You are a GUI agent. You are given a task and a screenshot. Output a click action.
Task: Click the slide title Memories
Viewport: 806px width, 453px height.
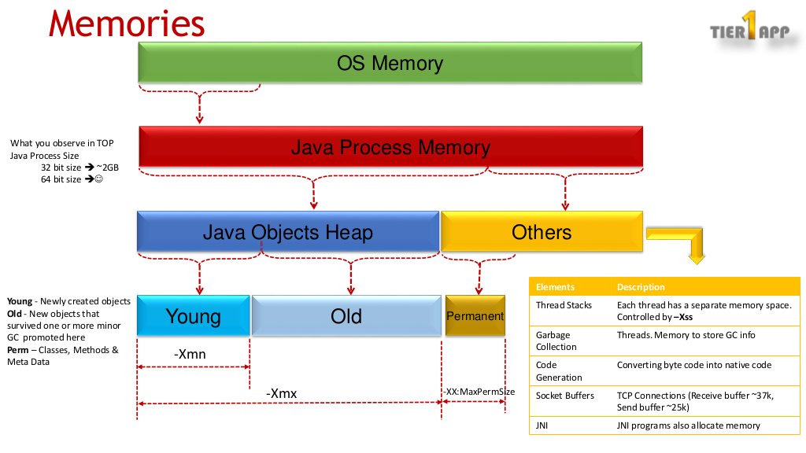tap(126, 24)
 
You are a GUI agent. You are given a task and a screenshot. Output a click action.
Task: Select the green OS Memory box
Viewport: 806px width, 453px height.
tap(390, 63)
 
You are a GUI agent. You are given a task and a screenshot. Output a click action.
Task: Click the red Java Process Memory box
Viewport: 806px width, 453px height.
tap(390, 147)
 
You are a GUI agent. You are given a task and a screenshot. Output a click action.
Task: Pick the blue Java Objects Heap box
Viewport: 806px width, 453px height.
tap(287, 231)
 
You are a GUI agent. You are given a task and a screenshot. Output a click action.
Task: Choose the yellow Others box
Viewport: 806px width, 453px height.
tap(541, 231)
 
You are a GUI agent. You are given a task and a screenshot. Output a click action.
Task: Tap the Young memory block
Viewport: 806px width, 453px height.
tap(193, 316)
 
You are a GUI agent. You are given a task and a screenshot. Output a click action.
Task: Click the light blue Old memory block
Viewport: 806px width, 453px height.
tap(346, 316)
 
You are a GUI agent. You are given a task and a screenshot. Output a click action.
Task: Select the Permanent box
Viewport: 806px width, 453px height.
tap(475, 316)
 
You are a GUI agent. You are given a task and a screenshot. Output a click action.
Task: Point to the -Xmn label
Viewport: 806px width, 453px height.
tap(190, 355)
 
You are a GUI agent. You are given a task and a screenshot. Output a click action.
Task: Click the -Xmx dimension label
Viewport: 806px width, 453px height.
tap(281, 392)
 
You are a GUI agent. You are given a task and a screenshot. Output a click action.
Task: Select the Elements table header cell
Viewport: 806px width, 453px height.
tap(555, 287)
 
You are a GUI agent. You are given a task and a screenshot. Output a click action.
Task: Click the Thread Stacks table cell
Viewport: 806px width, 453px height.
tap(562, 305)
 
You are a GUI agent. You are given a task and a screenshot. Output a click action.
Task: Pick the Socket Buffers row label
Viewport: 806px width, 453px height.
tap(564, 396)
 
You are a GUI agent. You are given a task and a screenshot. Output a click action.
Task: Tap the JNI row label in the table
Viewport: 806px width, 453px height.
tap(542, 425)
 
